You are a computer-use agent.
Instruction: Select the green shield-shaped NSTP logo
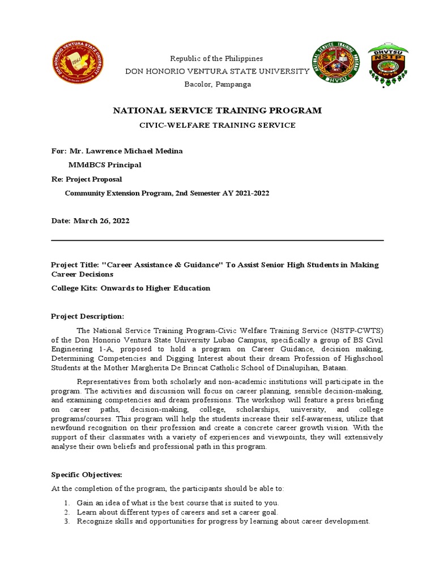pos(388,66)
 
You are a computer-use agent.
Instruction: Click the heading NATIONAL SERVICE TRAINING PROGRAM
pos(217,111)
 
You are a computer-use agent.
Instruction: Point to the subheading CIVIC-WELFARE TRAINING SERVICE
pos(217,125)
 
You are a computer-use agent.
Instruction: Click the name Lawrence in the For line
pos(110,151)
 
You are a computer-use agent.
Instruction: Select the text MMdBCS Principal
pos(105,165)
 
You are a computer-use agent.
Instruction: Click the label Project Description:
pos(87,316)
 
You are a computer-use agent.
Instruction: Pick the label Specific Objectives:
pos(87,474)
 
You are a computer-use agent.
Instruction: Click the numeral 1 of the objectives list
pos(66,503)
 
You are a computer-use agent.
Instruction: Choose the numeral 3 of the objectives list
pos(66,521)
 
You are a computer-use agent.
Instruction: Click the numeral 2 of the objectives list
pos(66,512)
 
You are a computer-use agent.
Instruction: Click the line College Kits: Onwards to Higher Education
pos(130,288)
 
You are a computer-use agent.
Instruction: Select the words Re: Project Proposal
pos(86,179)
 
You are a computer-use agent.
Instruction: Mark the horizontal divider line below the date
pos(217,241)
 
